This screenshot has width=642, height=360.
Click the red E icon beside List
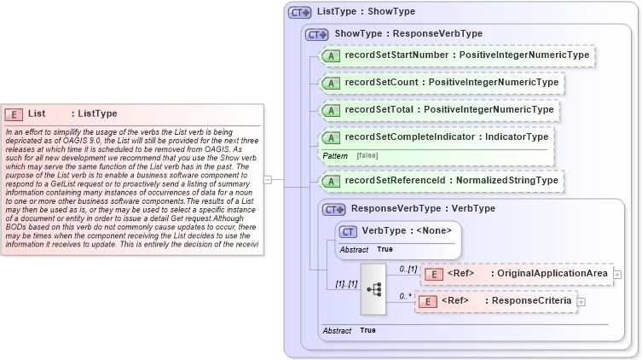14,113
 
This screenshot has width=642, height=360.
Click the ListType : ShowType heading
365,12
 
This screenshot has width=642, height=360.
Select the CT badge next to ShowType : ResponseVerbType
317,34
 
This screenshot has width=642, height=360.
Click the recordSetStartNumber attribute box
455,55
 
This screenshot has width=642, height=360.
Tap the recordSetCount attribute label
451,83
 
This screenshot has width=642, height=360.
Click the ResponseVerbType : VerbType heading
423,208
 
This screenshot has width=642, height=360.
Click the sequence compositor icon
373,288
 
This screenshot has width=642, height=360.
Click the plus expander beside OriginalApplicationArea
617,274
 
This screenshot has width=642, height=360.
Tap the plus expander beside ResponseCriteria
581,301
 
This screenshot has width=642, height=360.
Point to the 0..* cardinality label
406,295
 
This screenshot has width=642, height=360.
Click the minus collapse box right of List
268,180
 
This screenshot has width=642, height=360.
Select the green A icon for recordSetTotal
329,110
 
